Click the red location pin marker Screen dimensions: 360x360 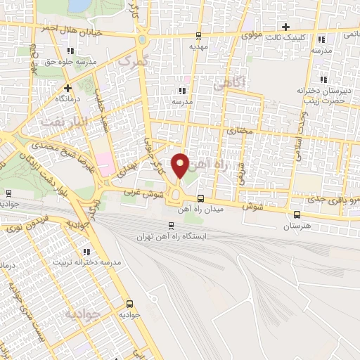(181, 166)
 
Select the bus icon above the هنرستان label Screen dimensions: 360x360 (297, 215)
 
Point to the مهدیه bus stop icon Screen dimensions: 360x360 (199, 36)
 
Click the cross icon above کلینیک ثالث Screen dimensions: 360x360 (286, 27)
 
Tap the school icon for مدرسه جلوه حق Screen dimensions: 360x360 (70, 51)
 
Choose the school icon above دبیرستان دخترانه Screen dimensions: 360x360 (323, 79)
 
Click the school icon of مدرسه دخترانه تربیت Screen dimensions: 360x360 (86, 251)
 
